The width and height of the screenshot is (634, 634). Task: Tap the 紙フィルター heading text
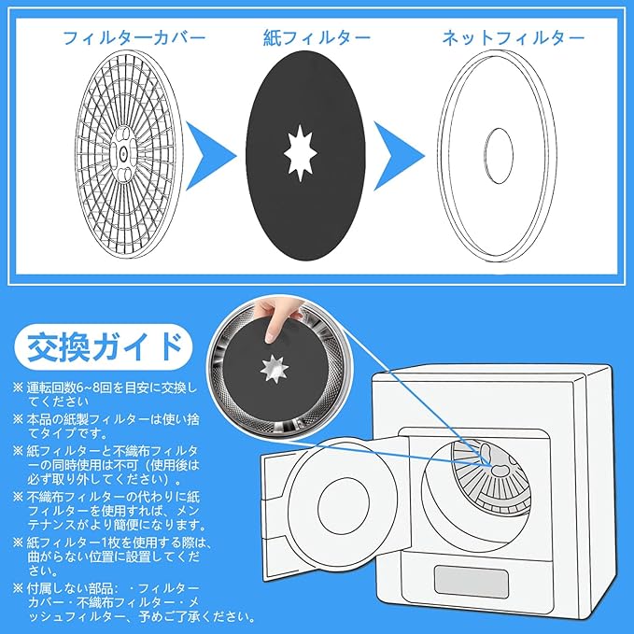pyautogui.click(x=317, y=38)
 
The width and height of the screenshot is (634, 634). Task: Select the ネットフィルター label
pyautogui.click(x=514, y=38)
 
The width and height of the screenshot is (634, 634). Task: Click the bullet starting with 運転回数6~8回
pyautogui.click(x=103, y=395)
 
